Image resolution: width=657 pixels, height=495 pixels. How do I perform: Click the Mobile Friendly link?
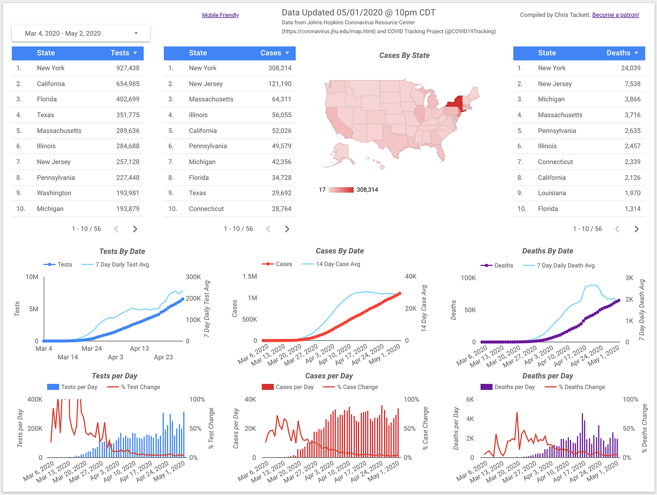(220, 15)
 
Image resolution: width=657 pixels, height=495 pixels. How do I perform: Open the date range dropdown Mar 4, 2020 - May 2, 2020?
(81, 33)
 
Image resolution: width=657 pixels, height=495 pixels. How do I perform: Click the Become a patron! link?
(616, 15)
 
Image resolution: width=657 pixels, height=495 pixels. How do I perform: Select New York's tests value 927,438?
(128, 68)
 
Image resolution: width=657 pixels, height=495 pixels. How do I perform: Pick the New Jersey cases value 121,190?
(280, 84)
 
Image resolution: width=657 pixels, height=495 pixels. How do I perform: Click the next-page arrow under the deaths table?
(636, 229)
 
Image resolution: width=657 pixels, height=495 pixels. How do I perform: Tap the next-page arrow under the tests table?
(135, 229)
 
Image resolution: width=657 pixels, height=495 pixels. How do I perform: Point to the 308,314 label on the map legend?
(367, 190)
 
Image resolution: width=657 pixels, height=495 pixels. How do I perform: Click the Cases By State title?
(404, 56)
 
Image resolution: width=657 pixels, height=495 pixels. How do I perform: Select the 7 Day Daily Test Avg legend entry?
(122, 265)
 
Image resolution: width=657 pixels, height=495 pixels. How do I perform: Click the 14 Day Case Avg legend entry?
(338, 264)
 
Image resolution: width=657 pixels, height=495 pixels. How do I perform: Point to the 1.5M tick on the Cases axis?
(250, 277)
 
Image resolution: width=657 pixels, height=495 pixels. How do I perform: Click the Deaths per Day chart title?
(547, 376)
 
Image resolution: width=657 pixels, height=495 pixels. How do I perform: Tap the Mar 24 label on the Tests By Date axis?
(92, 349)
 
